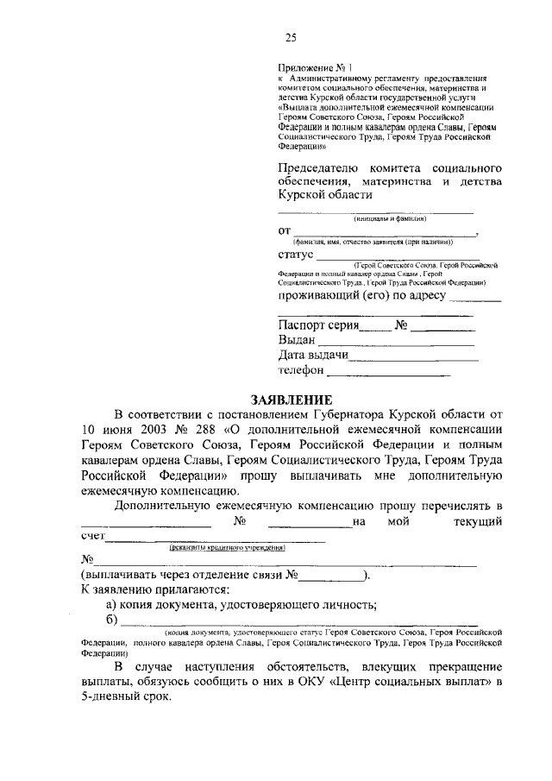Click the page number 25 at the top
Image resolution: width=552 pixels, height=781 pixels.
click(x=292, y=37)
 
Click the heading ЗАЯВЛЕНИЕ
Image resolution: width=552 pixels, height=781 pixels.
click(x=291, y=400)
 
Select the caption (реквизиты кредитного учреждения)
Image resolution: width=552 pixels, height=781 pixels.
click(x=226, y=547)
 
